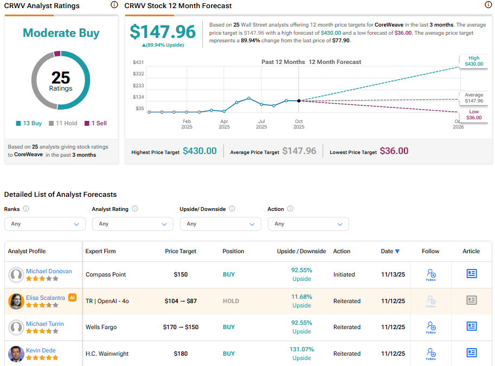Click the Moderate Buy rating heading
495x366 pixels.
61,33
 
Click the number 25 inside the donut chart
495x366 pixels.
61,78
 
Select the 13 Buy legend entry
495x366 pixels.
29,123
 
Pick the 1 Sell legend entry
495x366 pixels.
95,123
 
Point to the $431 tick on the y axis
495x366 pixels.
138,62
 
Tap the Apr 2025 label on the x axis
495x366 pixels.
224,124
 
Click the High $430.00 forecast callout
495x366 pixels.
473,61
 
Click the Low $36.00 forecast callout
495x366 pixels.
473,114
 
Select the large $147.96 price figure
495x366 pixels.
163,31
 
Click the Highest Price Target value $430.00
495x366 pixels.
200,151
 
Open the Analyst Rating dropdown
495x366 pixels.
132,224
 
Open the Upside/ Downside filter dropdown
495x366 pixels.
220,224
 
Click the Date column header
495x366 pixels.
390,252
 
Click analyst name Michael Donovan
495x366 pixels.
49,271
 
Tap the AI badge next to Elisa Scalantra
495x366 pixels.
72,298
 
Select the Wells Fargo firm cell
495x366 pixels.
101,328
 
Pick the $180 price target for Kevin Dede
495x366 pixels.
181,354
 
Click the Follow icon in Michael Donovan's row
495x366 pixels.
431,274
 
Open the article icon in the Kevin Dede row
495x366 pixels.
472,353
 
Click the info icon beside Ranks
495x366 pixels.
26,209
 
